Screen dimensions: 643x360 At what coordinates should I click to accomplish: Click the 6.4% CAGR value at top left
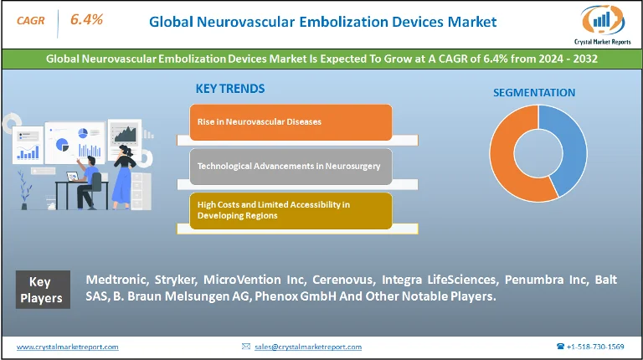(x=86, y=19)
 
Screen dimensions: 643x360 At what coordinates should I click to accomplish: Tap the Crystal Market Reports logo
(x=603, y=25)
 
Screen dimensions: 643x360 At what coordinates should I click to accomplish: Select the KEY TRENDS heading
(x=230, y=89)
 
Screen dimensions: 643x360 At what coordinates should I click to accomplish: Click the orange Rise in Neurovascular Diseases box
(x=291, y=122)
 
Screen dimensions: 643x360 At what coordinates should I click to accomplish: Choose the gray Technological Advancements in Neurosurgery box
(x=291, y=167)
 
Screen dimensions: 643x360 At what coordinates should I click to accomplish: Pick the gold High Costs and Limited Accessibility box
(x=291, y=211)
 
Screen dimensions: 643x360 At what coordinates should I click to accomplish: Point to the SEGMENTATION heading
(x=534, y=93)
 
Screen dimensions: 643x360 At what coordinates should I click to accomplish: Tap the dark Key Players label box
(x=43, y=290)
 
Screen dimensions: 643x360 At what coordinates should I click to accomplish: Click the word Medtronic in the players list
(x=117, y=280)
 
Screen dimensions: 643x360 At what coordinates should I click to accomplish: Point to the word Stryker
(x=176, y=280)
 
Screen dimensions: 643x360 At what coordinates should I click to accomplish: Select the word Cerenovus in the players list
(x=343, y=280)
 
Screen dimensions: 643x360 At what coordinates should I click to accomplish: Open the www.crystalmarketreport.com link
(x=68, y=347)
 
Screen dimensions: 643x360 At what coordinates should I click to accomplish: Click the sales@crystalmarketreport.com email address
(x=308, y=347)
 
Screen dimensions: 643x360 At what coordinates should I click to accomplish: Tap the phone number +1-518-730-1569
(x=595, y=347)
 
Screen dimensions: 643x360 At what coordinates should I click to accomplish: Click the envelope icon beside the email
(x=246, y=347)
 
